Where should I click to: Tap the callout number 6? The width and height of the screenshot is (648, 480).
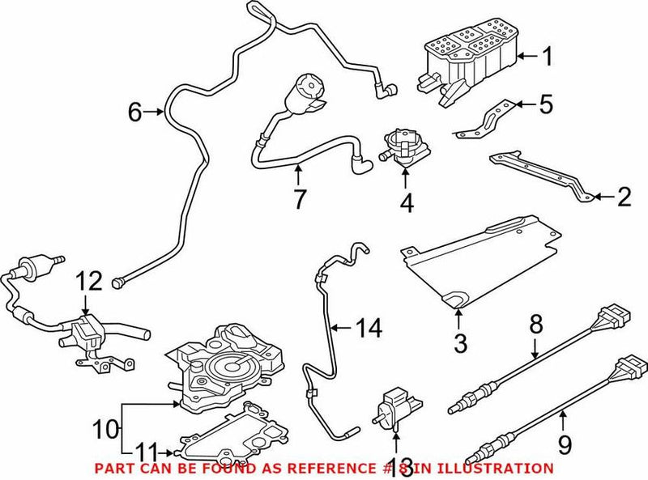pos(135,113)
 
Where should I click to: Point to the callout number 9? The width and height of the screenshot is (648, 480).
pos(565,444)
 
